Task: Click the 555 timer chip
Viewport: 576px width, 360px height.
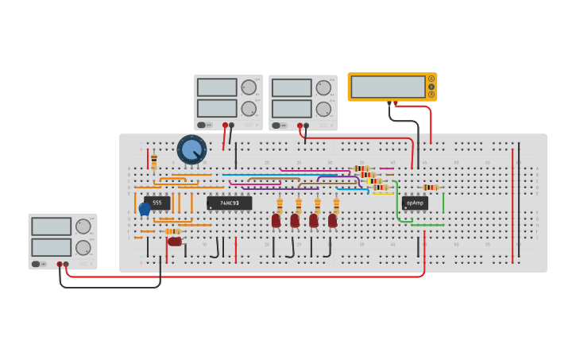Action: pos(157,203)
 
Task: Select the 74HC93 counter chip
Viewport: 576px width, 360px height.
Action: pos(229,203)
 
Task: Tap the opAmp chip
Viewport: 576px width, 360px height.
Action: pos(415,203)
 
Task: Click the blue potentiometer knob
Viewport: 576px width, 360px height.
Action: pos(191,149)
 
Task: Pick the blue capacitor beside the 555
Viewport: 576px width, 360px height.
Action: pos(145,210)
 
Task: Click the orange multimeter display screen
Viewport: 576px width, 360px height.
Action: pos(388,87)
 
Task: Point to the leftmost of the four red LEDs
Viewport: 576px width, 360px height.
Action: pos(276,221)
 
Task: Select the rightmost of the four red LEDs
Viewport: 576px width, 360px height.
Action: pos(333,221)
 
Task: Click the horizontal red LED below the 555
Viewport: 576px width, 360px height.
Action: pos(174,242)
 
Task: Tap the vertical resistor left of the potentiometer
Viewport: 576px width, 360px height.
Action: pos(154,162)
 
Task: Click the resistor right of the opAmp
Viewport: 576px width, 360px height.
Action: pos(431,188)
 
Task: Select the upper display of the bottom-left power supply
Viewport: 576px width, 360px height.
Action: pos(52,226)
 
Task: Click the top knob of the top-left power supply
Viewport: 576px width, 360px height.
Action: pos(249,87)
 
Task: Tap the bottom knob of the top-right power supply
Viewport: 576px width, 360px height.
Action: pos(323,109)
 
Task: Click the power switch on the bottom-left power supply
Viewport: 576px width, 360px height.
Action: pos(36,264)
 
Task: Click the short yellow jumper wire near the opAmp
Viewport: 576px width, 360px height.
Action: pos(383,193)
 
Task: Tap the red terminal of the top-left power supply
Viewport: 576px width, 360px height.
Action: pos(225,125)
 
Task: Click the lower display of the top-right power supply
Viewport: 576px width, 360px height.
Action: pos(292,109)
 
